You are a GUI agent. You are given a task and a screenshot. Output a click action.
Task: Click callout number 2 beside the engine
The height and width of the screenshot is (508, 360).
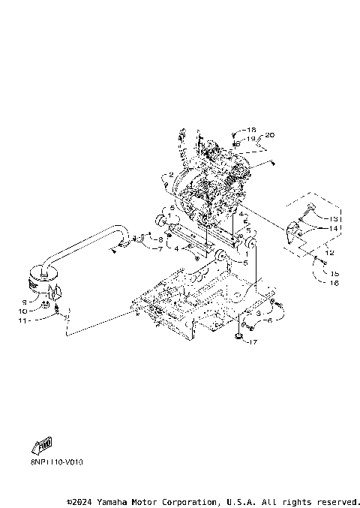[x=171, y=175]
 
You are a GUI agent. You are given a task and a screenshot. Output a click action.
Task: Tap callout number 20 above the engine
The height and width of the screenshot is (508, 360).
[x=271, y=135]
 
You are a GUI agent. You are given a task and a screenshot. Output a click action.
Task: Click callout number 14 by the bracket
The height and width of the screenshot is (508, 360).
[x=334, y=227]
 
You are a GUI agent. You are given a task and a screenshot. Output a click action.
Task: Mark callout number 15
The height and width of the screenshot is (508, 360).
[x=334, y=274]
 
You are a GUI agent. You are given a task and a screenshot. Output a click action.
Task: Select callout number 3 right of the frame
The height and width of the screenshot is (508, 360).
[x=259, y=311]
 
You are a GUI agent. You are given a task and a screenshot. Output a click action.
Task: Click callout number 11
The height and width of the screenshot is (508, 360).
[x=22, y=320]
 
